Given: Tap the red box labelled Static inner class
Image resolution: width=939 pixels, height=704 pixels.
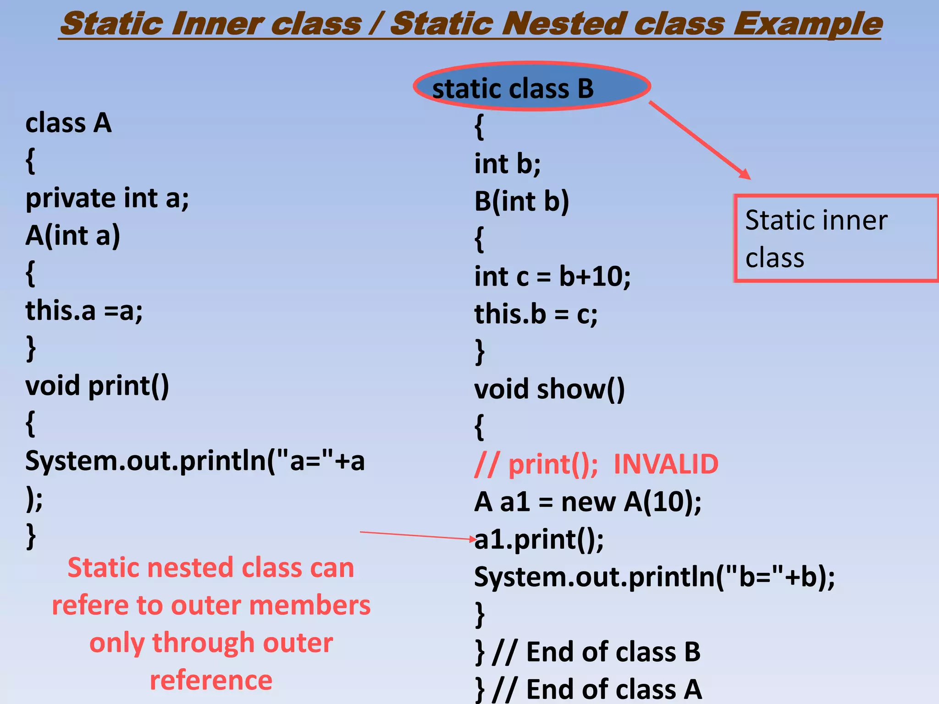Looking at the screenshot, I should [x=835, y=238].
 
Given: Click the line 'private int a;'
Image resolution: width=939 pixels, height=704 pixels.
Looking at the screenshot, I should [x=107, y=198].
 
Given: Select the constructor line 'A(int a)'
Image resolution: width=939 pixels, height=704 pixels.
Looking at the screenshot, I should [x=72, y=236].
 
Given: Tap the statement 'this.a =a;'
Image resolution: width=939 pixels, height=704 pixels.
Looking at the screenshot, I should [x=84, y=311].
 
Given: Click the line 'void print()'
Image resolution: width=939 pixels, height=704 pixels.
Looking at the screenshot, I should [x=97, y=386].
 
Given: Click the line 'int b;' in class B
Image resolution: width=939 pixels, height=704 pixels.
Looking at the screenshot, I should [x=507, y=164].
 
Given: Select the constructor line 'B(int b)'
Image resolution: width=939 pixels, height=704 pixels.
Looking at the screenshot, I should [x=521, y=201].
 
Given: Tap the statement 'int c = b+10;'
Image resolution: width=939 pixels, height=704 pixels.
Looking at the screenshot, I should [x=552, y=276].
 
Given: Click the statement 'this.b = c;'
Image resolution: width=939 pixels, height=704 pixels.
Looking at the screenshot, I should [x=536, y=314].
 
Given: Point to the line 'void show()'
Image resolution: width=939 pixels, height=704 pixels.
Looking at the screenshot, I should [x=549, y=389].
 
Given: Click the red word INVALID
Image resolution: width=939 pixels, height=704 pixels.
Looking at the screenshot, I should [x=665, y=464].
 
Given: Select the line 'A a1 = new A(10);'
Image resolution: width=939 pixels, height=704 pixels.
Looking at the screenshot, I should [x=587, y=502].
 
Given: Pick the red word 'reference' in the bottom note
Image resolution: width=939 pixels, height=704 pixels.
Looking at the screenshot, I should [x=211, y=680].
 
